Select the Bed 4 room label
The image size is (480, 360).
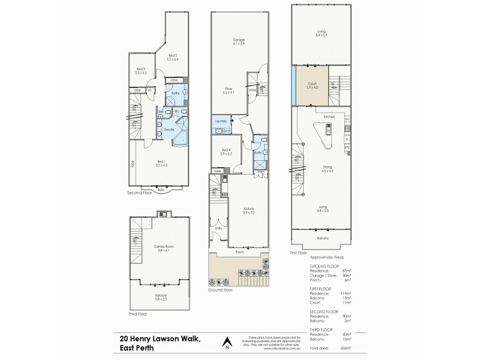click(226, 151)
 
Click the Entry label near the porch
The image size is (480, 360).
click(218, 229)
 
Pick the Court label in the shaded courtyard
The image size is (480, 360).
click(311, 85)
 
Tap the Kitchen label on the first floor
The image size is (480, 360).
click(328, 116)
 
